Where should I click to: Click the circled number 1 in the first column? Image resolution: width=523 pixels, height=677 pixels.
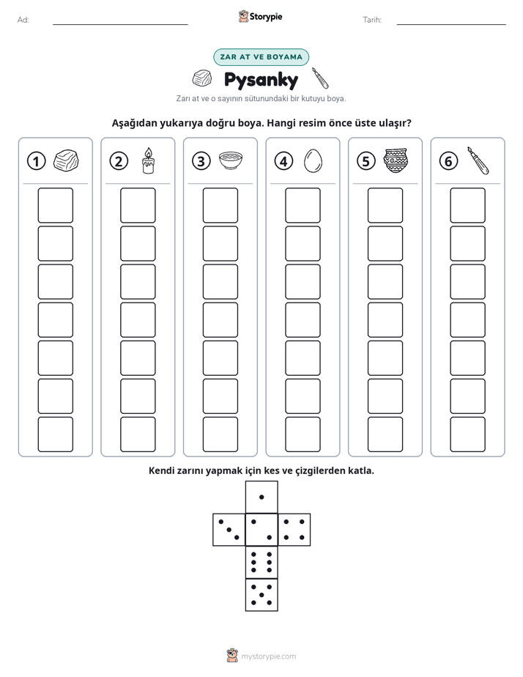[x=36, y=161]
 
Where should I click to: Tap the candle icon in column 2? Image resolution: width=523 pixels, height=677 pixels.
[x=148, y=160]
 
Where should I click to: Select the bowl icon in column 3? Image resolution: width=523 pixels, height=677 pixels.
[x=231, y=160]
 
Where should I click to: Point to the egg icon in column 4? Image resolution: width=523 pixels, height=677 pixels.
[x=313, y=161]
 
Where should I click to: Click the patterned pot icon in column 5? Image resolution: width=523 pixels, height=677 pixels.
[x=396, y=160]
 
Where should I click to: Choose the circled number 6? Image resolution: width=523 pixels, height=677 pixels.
[x=448, y=161]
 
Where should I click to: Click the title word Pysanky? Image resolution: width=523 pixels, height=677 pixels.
[x=261, y=81]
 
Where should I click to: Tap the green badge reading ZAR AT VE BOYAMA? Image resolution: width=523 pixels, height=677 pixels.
[x=261, y=57]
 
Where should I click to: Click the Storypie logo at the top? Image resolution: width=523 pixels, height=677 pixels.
[x=260, y=17]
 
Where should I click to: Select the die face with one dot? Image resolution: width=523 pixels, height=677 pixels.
[x=261, y=497]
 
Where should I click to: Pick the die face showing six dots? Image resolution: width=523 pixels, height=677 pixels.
[x=261, y=562]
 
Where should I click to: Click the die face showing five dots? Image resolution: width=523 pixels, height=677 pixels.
[x=261, y=595]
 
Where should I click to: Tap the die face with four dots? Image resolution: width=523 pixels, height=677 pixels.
[x=294, y=530]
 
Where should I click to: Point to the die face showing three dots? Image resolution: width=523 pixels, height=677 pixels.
[x=229, y=530]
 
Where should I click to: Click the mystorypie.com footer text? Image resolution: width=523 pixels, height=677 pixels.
[x=268, y=656]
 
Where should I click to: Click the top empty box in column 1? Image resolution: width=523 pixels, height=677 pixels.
[x=55, y=205]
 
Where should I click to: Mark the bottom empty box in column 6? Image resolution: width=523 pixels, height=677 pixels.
[x=467, y=434]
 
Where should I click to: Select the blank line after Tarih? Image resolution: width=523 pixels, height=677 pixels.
[x=451, y=24]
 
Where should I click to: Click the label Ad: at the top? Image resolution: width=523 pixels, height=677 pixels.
[x=23, y=20]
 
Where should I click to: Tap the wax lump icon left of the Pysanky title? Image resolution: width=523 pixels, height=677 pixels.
[x=202, y=78]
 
